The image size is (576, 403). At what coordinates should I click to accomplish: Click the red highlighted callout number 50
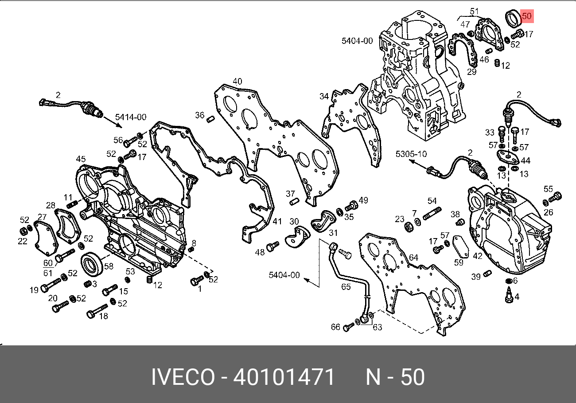pyautogui.click(x=527, y=16)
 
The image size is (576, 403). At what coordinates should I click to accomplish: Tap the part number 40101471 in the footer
pyautogui.click(x=284, y=377)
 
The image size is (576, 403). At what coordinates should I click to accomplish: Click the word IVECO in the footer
pyautogui.click(x=183, y=377)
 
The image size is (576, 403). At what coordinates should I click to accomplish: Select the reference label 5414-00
pyautogui.click(x=131, y=117)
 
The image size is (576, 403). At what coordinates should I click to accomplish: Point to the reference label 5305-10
pyautogui.click(x=411, y=154)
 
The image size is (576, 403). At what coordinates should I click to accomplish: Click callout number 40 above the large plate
pyautogui.click(x=237, y=81)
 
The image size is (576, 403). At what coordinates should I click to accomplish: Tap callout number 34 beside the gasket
pyautogui.click(x=324, y=96)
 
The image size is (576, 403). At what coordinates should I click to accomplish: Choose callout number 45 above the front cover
pyautogui.click(x=81, y=159)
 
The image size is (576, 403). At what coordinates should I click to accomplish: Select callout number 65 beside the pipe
pyautogui.click(x=346, y=287)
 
